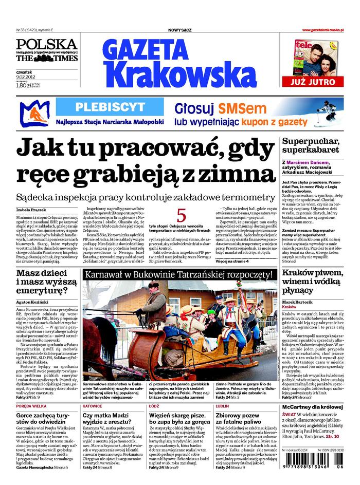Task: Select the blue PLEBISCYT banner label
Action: [110, 107]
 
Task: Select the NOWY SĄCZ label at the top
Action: [180, 31]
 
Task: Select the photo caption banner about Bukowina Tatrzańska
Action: [179, 275]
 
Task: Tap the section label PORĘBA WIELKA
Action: [32, 406]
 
